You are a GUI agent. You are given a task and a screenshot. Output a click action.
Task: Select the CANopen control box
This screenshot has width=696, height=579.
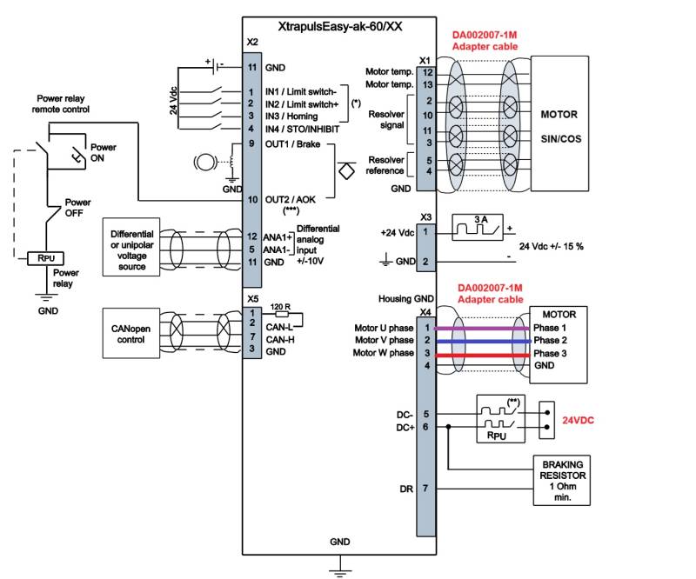[131, 333]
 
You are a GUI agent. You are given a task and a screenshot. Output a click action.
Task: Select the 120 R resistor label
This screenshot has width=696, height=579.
[280, 307]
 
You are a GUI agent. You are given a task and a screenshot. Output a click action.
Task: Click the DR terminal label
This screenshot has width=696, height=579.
[405, 489]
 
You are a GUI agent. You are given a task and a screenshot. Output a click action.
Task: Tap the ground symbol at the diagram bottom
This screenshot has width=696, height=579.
[339, 569]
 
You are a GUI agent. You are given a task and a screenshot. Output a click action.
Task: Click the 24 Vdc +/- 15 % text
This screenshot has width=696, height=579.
[551, 246]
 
